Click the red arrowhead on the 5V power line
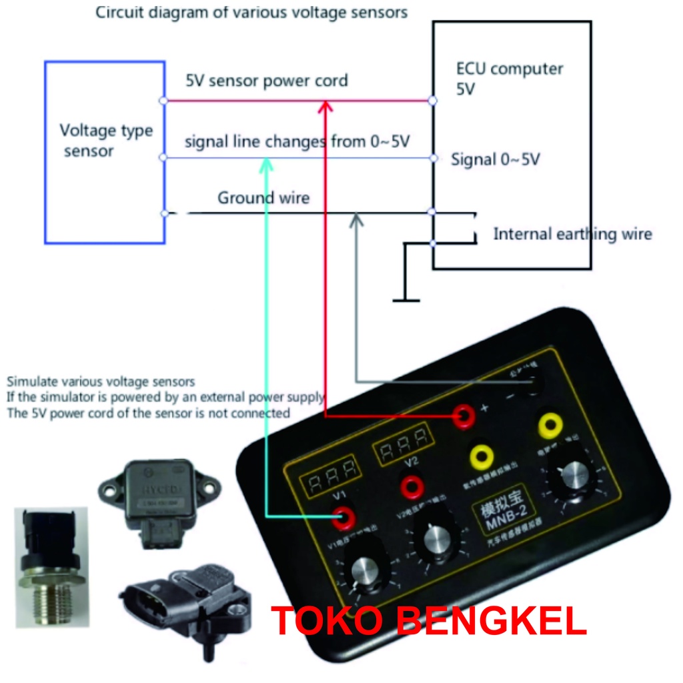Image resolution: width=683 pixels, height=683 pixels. pos(325,105)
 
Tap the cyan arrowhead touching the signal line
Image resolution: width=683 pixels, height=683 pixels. pos(267,162)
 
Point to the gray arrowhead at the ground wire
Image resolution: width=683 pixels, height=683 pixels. pos(357,218)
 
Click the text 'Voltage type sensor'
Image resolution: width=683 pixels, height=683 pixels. pos(105,140)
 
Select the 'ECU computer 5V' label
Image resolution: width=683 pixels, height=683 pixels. pos(510,78)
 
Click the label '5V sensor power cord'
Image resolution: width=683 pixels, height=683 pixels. pos(267,81)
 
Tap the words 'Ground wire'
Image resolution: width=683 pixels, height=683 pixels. pos(263,198)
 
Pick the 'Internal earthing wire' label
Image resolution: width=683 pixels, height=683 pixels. pos(572,234)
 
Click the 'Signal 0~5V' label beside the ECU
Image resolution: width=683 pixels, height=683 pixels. pos(496,160)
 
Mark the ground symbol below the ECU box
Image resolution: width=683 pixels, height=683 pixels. pos(406,299)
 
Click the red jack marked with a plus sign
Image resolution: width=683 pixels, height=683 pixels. pos(462,417)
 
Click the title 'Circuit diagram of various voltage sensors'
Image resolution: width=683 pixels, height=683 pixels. pos(251,13)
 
